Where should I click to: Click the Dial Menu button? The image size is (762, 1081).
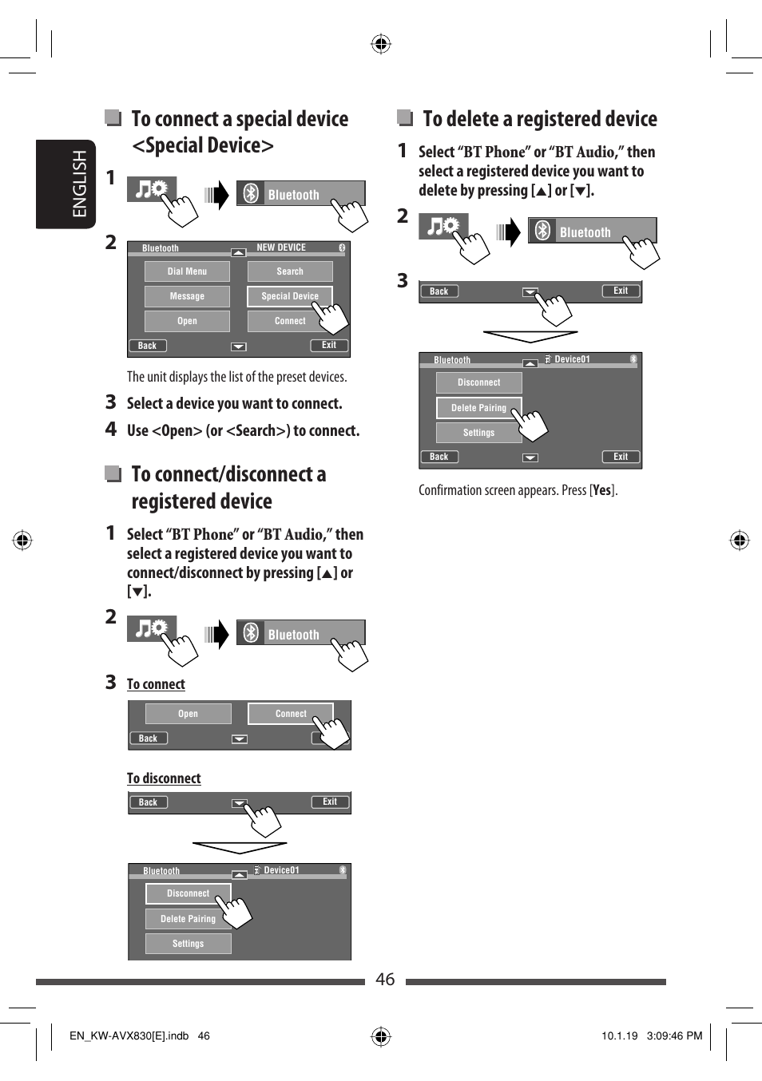tap(187, 271)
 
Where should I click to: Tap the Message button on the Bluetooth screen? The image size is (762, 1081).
tap(187, 296)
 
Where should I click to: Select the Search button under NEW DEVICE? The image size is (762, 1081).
tap(290, 271)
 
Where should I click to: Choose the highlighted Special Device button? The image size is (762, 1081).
tap(289, 296)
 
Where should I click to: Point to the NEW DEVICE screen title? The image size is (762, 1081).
tap(281, 247)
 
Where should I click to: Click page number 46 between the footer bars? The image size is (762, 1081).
tap(385, 980)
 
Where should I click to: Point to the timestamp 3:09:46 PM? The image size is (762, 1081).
tap(674, 1036)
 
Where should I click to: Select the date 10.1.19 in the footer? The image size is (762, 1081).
tap(619, 1036)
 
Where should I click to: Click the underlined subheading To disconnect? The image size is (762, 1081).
tap(164, 778)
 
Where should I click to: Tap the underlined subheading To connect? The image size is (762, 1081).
tap(156, 684)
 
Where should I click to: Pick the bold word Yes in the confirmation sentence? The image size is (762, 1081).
tap(601, 490)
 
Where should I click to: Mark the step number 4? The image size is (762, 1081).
tap(111, 430)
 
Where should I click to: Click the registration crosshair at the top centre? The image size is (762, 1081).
tap(381, 44)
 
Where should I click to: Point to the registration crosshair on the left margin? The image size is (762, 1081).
tap(22, 540)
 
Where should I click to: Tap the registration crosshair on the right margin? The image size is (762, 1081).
tap(740, 540)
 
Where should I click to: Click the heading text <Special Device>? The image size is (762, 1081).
tap(203, 145)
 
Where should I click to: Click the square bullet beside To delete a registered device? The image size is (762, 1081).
tap(405, 118)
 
